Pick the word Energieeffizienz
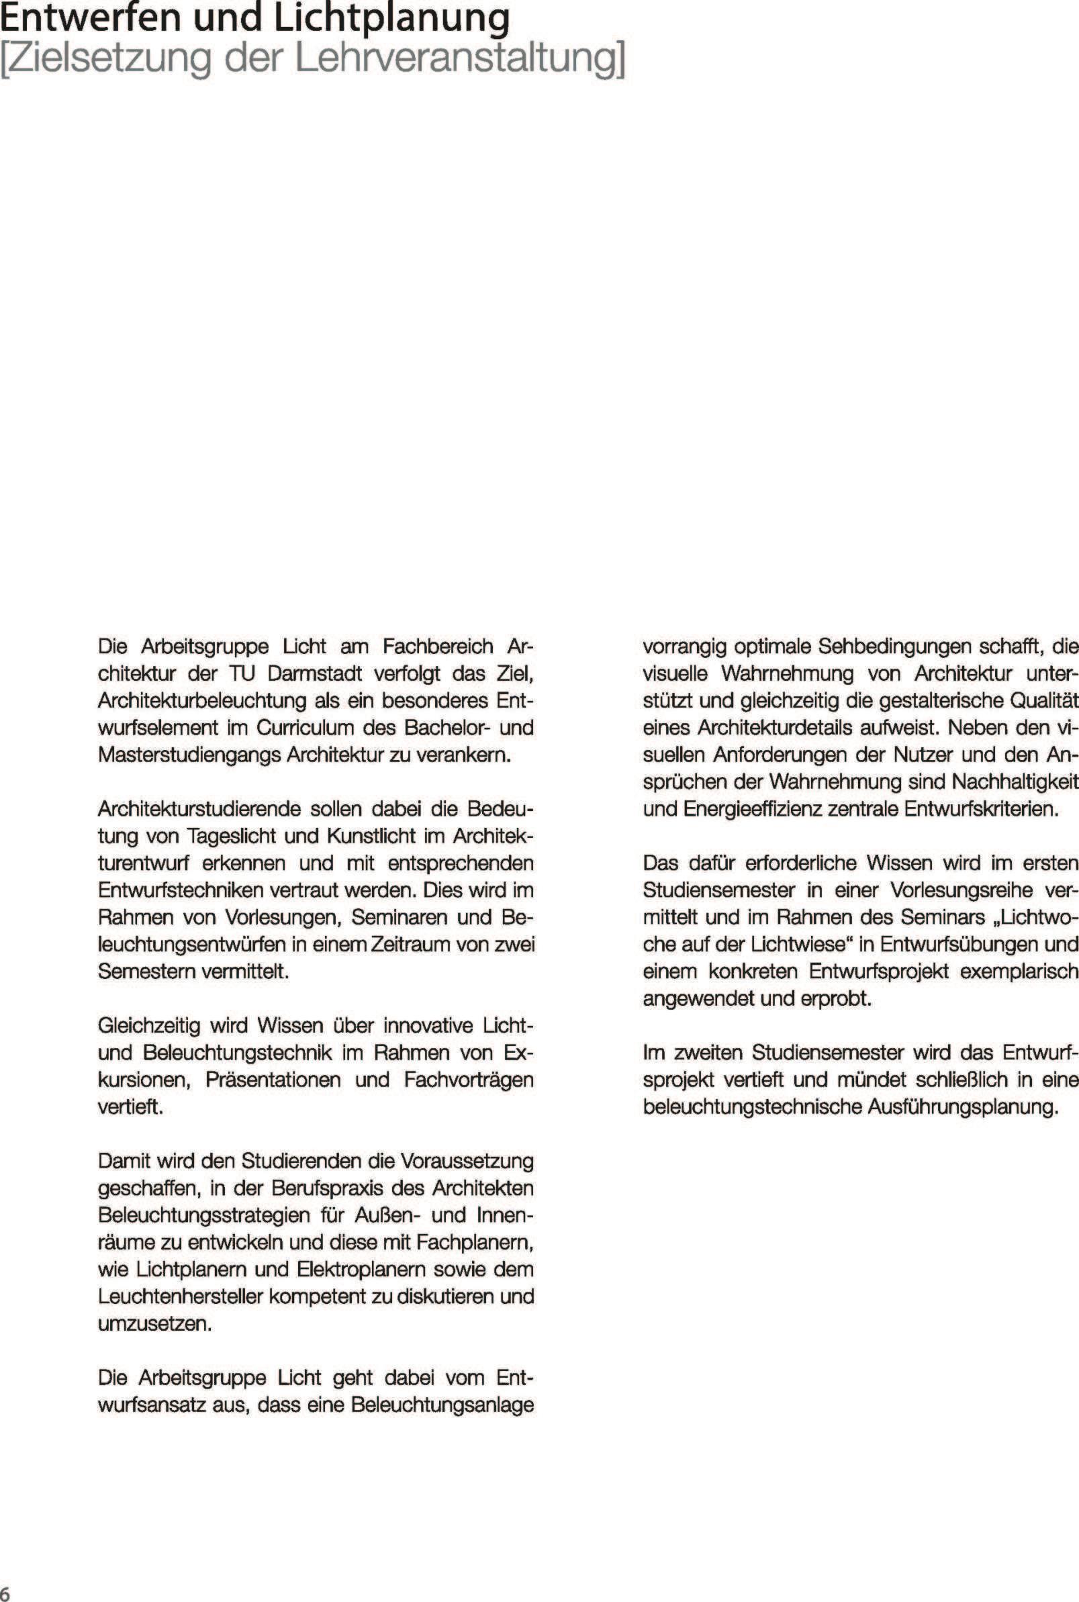pos(753,809)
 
